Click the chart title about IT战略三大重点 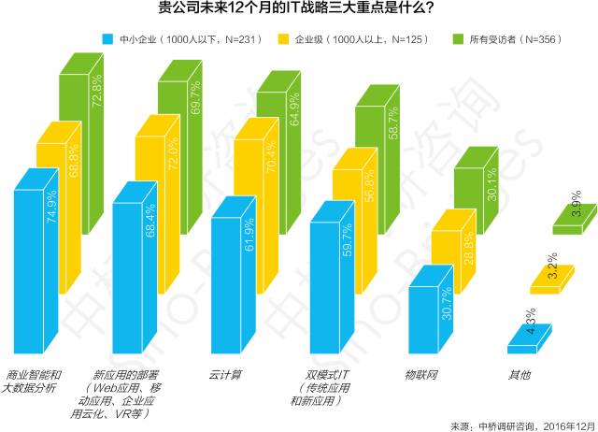tap(296, 12)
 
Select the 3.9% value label tap(577, 209)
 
